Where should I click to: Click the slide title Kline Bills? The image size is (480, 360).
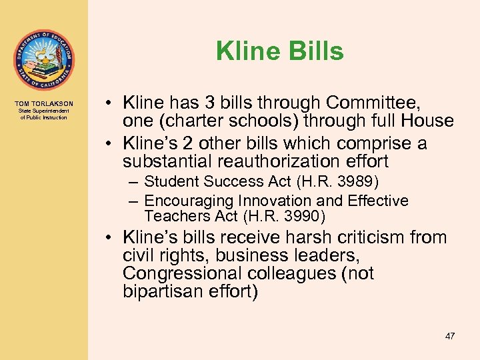click(x=279, y=51)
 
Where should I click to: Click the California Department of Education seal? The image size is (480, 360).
click(x=43, y=60)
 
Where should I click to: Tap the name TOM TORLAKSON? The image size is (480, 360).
click(x=43, y=104)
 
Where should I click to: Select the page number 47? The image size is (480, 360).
click(x=450, y=336)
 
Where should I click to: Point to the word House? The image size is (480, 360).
click(x=427, y=121)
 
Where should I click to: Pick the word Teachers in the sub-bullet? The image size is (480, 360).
click(x=171, y=216)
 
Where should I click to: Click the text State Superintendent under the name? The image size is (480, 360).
click(x=43, y=112)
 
